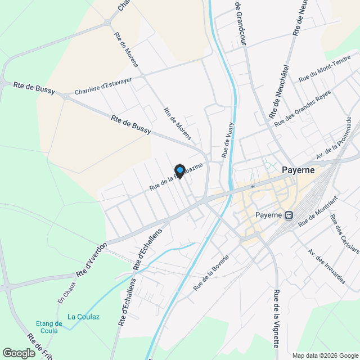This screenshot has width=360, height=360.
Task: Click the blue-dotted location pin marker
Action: click(179, 171)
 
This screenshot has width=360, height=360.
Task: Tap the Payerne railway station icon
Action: click(289, 215)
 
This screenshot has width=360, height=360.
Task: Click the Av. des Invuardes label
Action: click(326, 266)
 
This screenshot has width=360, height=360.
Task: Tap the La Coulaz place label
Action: click(83, 317)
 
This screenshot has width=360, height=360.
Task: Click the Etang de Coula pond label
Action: click(49, 327)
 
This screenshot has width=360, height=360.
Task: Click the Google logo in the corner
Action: click(19, 353)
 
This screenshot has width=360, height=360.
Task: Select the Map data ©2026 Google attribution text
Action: click(325, 355)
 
